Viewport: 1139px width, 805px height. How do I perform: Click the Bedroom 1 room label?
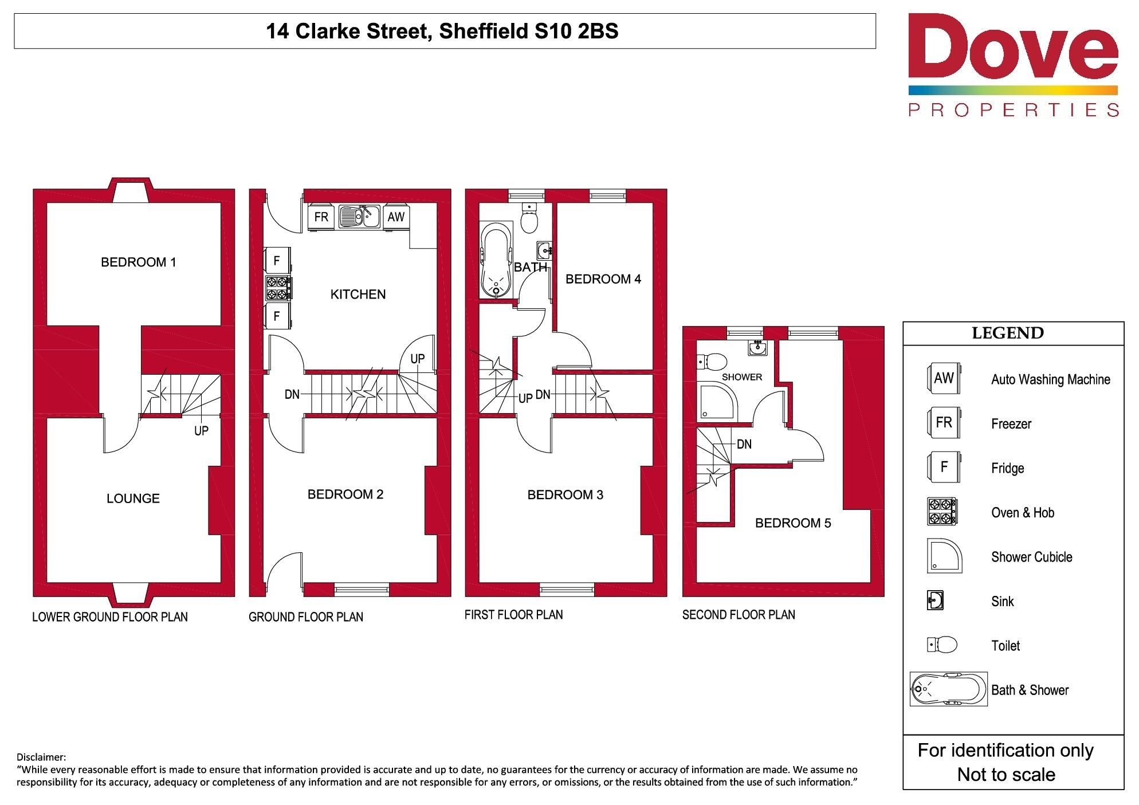139,262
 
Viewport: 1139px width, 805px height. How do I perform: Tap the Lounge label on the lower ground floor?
133,498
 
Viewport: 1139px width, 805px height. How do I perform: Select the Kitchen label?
358,294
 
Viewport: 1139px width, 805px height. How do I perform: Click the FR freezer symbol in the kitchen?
321,217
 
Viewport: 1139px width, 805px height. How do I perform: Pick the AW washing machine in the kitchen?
396,217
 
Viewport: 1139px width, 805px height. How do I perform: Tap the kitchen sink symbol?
359,217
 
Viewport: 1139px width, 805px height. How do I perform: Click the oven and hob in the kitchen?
278,288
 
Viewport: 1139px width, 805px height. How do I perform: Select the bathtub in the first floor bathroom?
496,260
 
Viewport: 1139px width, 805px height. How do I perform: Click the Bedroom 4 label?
603,280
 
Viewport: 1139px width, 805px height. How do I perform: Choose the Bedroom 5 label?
793,523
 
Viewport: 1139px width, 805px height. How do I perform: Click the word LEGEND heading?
1008,333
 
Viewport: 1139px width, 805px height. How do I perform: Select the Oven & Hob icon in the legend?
942,512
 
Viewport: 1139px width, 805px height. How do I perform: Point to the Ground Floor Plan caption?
306,617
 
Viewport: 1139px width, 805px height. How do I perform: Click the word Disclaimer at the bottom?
41,757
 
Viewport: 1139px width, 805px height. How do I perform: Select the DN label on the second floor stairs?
744,444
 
